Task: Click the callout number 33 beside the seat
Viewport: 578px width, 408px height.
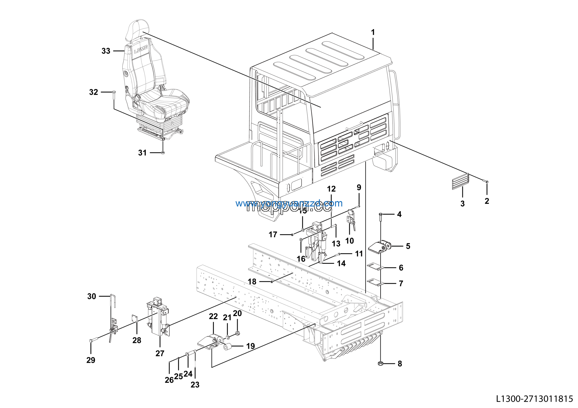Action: click(106, 51)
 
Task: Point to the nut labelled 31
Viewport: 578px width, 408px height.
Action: click(163, 153)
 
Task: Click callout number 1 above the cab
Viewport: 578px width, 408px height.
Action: click(373, 32)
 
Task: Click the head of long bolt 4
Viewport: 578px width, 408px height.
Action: click(380, 214)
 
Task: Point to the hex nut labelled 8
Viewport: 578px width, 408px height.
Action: click(380, 364)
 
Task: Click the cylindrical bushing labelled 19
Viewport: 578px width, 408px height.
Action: click(227, 347)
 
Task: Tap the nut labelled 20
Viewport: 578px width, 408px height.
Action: click(237, 334)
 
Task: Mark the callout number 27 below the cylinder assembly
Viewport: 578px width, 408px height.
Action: click(160, 353)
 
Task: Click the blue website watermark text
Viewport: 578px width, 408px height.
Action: click(289, 203)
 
